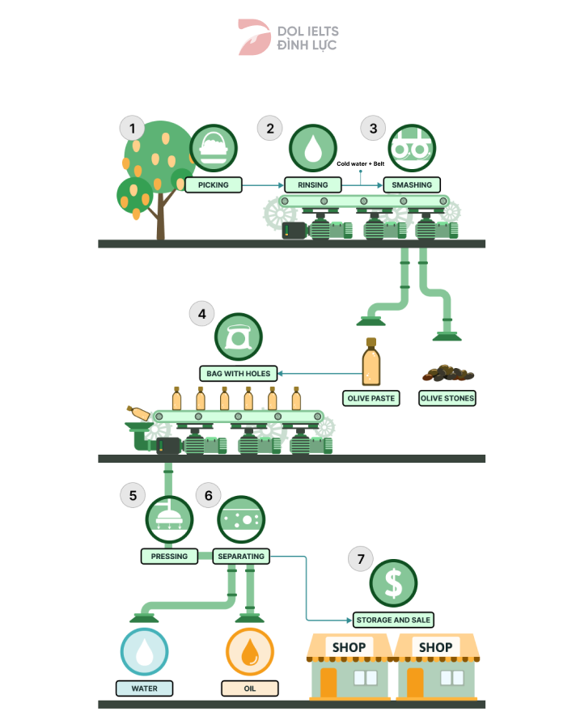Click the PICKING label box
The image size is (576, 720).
coord(214,185)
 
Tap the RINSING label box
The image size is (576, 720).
coord(313,185)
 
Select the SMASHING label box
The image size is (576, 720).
coord(412,185)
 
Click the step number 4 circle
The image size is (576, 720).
coord(201,314)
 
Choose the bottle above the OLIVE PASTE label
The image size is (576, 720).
coord(371,362)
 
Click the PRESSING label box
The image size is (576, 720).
coord(169,557)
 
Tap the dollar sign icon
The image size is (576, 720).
coord(393,582)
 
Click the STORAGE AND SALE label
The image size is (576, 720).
coord(394,620)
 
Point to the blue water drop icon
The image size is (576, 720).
coord(144,652)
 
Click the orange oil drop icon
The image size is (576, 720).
coord(249,652)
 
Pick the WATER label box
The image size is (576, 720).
coord(144,689)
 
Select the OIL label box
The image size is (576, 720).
coord(249,689)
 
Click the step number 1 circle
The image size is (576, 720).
coord(132,128)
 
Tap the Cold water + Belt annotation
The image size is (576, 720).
coord(360,164)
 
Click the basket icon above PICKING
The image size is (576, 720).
coord(214,149)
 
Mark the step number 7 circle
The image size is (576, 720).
coord(360,558)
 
